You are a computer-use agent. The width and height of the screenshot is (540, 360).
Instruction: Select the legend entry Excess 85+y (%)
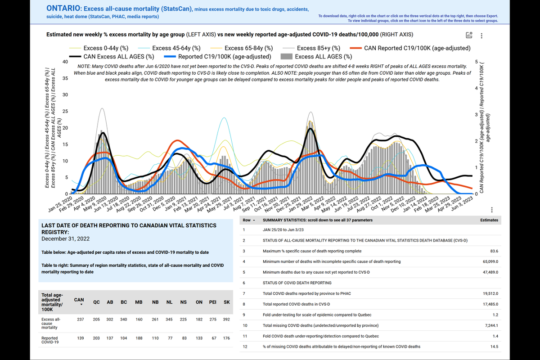click(319, 48)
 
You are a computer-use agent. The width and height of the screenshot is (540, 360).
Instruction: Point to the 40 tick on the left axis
click(65, 62)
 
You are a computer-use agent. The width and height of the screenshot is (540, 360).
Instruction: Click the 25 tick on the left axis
click(65, 111)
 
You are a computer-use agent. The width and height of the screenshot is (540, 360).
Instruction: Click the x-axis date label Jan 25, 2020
click(60, 202)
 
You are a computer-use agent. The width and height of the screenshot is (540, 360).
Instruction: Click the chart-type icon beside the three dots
click(469, 36)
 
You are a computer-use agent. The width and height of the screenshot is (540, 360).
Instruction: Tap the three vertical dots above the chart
click(482, 36)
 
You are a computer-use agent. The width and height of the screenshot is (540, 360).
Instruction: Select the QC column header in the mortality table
click(96, 302)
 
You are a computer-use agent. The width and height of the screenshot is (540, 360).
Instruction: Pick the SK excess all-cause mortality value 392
click(226, 319)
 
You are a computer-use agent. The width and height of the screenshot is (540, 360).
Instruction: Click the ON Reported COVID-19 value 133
click(200, 338)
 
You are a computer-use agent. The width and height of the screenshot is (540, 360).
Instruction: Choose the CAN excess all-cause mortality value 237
click(81, 319)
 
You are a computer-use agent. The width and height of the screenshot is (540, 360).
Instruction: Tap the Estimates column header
click(489, 220)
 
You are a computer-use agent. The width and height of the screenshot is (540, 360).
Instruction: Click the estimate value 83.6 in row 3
click(495, 251)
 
